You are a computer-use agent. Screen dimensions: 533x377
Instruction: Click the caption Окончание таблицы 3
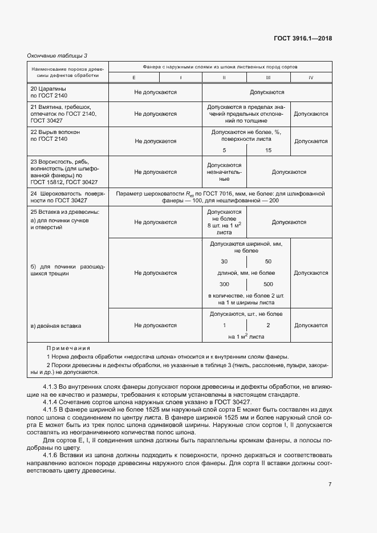[x=58, y=55]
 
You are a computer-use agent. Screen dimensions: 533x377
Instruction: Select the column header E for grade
[x=134, y=77]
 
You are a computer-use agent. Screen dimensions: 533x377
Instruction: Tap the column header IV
[x=311, y=77]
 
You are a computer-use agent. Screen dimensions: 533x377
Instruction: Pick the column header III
[x=268, y=77]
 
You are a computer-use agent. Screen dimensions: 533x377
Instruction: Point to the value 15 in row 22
[x=268, y=150]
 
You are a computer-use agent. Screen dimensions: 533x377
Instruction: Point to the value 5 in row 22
[x=224, y=150]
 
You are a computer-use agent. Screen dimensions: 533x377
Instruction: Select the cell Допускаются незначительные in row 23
[x=224, y=172]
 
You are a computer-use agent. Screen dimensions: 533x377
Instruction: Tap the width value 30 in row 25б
[x=224, y=261]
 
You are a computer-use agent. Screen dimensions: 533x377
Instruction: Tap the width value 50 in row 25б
[x=268, y=261]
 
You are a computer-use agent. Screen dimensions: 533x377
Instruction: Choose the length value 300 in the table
[x=224, y=284]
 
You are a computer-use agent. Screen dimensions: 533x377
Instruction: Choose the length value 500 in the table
[x=268, y=284]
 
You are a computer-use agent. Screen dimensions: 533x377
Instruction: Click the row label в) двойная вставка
[x=55, y=326]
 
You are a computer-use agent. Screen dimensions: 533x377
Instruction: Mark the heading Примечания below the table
[x=68, y=348]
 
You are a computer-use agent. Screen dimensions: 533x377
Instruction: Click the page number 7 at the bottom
[x=330, y=468]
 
